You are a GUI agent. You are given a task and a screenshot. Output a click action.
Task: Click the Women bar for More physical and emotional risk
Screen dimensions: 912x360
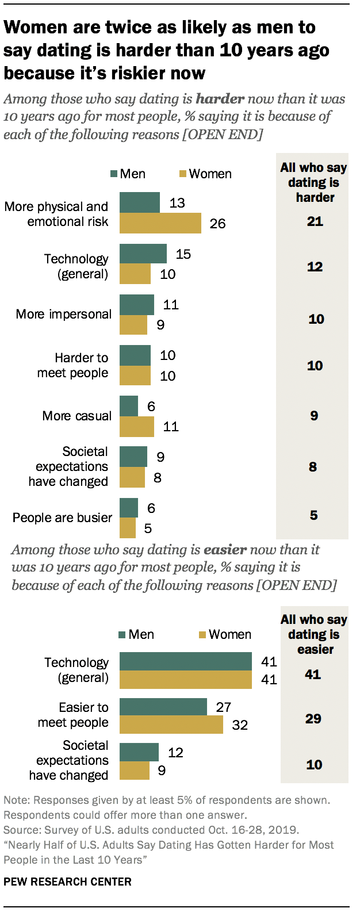160,223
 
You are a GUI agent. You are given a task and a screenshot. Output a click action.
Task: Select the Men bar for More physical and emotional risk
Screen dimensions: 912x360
140,202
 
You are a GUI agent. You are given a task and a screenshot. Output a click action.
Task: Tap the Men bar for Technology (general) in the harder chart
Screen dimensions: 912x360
143,254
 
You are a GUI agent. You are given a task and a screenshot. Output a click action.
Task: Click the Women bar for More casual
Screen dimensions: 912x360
137,427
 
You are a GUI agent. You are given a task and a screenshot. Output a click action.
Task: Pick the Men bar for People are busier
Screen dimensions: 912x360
129,508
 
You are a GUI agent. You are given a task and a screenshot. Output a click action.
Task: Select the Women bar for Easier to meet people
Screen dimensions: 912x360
171,725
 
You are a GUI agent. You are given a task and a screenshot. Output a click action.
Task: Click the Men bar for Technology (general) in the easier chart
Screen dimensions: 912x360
185,661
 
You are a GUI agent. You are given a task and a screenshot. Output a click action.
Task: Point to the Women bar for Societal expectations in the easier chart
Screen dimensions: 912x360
134,770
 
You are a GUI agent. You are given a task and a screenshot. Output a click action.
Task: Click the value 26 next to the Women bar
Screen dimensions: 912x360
217,224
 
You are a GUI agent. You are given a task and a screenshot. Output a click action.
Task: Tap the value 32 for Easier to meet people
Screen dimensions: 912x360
239,725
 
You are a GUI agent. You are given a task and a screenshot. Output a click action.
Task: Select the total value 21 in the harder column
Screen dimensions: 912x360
315,221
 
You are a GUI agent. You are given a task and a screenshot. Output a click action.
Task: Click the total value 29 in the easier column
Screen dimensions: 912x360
313,719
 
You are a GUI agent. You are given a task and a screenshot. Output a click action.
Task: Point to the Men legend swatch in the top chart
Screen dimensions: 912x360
114,174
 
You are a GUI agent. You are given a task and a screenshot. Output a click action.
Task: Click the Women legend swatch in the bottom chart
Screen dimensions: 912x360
202,635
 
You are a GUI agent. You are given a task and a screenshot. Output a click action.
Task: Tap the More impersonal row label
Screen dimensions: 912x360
63,315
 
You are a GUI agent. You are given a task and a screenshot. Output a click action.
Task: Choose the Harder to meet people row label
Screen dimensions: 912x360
73,365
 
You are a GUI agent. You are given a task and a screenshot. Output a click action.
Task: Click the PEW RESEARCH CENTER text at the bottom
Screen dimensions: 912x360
67,882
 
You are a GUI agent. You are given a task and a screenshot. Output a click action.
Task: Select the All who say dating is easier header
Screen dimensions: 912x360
314,634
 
